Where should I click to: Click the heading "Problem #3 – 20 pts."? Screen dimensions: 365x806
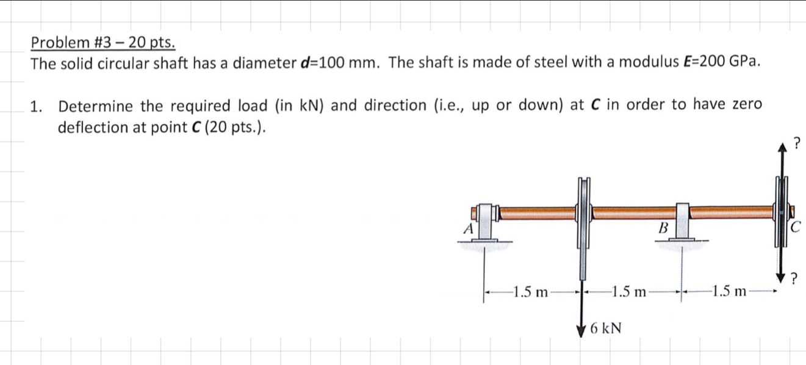[x=103, y=43]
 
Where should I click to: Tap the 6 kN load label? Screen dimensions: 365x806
[x=605, y=329]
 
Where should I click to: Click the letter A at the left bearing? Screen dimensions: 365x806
[x=469, y=229]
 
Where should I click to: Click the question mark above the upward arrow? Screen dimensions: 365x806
[x=795, y=144]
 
